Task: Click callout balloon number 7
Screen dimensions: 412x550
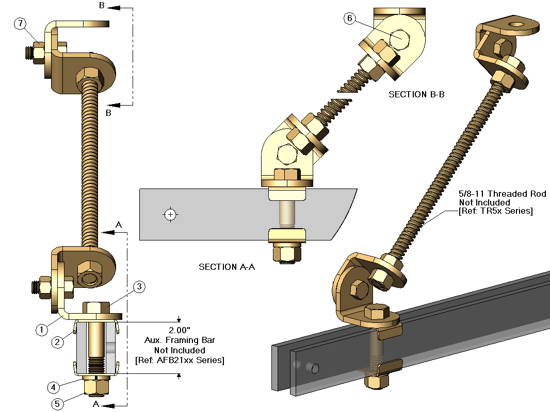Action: pos(20,23)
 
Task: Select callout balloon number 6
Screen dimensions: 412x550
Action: pos(350,19)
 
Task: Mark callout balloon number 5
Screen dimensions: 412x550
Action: pos(58,404)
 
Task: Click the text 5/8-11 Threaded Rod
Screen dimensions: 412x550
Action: pos(503,194)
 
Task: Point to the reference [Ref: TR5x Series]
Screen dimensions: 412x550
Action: pos(495,211)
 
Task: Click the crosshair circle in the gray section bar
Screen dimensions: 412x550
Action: pos(170,214)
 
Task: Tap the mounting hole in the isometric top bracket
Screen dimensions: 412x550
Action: pos(515,25)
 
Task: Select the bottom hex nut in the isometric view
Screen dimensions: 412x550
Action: pos(378,382)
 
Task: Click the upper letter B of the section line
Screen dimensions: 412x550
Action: pos(102,7)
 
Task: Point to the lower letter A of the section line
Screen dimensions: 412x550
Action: pos(95,405)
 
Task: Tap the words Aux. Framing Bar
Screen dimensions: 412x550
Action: pos(179,340)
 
